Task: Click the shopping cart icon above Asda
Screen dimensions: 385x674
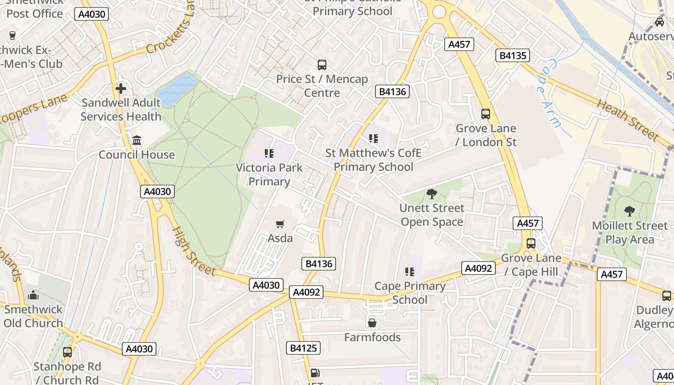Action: tap(280, 224)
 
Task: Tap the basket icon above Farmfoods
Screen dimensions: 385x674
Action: tap(372, 322)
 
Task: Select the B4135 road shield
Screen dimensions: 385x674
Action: tap(513, 55)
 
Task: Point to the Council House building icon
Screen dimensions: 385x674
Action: tap(137, 141)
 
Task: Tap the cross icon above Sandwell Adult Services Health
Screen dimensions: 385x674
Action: tap(121, 89)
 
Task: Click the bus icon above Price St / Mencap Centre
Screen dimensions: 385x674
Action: tap(322, 65)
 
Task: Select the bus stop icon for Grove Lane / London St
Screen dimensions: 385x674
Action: tap(486, 114)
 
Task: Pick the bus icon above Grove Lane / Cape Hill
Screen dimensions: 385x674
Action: tap(531, 244)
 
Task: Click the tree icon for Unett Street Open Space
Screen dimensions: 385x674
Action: tap(432, 194)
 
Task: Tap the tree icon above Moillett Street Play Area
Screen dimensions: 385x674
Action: tap(630, 211)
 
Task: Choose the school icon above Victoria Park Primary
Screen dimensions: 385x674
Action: tap(269, 154)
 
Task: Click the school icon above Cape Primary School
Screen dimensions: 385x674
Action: tap(410, 272)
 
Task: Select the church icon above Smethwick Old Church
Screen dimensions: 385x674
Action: tap(33, 295)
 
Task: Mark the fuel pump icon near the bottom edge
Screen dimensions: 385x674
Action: tap(315, 372)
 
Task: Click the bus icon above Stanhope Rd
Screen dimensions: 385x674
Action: tap(67, 352)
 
